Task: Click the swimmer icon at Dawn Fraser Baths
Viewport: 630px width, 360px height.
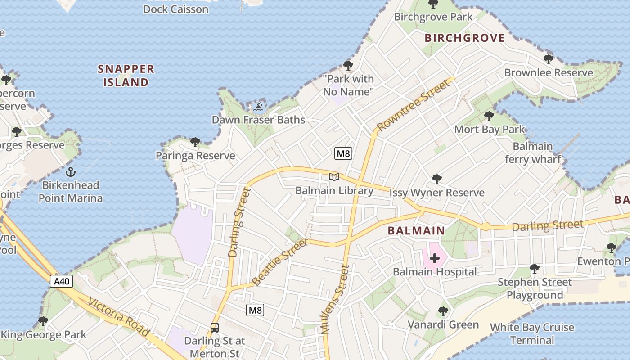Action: [258, 107]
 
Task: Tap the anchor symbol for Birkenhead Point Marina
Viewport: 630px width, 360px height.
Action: [70, 172]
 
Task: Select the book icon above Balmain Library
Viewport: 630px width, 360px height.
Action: [334, 177]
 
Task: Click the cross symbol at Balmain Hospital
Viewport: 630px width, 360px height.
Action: [435, 258]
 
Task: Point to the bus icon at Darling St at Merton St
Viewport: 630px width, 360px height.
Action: [215, 328]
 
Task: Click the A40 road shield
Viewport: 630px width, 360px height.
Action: [61, 282]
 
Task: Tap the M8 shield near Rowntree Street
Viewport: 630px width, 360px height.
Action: [343, 153]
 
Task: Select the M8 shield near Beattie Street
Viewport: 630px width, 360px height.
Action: [255, 310]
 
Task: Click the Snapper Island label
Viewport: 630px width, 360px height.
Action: [126, 76]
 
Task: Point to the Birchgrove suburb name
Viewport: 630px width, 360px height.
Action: [465, 38]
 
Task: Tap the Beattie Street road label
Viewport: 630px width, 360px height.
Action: [280, 262]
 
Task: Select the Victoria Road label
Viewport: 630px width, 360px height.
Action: [119, 317]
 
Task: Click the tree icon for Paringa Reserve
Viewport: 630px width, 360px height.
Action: [195, 142]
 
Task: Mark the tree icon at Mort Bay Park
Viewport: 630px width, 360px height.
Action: [489, 116]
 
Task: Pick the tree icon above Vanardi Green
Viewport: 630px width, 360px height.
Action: [443, 311]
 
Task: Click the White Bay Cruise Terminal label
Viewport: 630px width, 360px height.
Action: [532, 333]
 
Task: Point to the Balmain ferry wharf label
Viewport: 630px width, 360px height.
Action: [533, 153]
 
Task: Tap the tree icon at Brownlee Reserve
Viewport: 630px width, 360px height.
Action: [548, 59]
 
